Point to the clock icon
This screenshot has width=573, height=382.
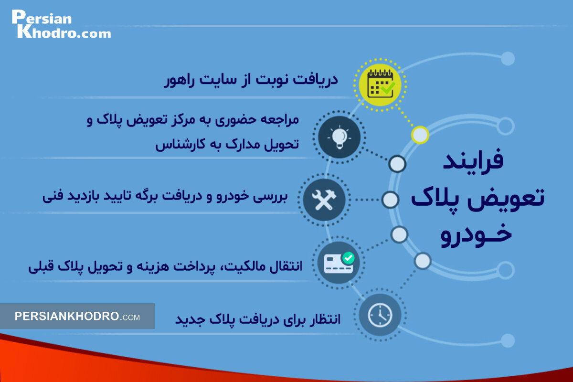coord(380,315)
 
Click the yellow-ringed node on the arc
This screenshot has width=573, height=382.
coord(420,135)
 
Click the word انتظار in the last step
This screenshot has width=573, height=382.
coord(324,318)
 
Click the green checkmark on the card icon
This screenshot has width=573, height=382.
coord(349,258)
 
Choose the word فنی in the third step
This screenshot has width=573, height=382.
coord(53,197)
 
